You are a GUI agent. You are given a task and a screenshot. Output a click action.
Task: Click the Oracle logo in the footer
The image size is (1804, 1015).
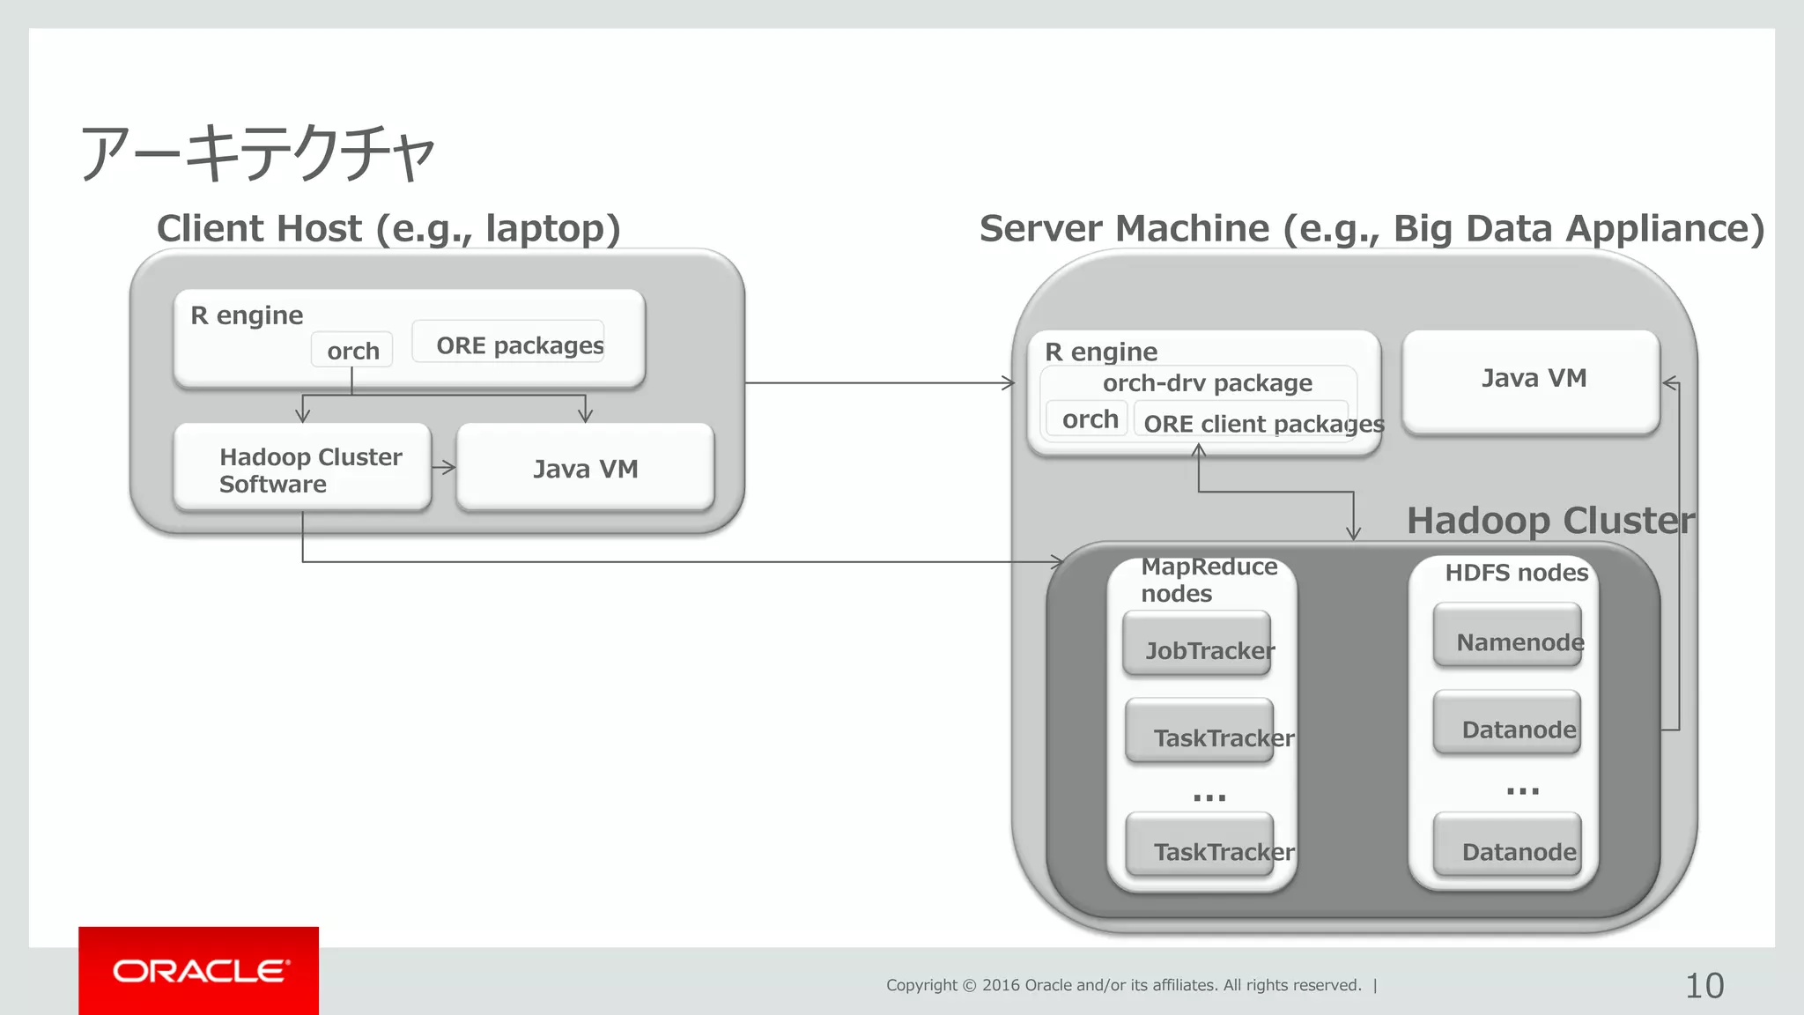tap(199, 971)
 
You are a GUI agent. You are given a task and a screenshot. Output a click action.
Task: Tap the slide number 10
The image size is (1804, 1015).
tap(1704, 986)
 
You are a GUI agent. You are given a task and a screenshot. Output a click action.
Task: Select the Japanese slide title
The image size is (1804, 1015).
tap(257, 152)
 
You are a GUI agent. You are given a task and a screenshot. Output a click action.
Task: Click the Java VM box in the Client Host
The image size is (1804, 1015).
tap(585, 468)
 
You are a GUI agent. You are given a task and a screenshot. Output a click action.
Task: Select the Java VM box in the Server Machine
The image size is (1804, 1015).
tap(1531, 380)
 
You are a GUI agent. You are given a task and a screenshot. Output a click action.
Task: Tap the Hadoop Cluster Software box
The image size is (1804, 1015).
tap(302, 468)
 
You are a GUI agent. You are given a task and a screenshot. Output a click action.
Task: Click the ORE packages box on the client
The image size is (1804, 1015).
tap(509, 343)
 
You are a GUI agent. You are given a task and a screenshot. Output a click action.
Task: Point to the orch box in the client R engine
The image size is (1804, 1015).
tap(351, 350)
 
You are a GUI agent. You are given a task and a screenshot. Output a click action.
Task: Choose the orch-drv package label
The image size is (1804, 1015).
tap(1207, 383)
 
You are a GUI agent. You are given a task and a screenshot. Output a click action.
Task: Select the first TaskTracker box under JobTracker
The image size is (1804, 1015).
tap(1200, 731)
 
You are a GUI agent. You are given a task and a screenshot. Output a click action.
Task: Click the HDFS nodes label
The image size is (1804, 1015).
tap(1516, 573)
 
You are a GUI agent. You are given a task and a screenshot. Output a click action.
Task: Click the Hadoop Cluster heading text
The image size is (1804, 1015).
tap(1549, 521)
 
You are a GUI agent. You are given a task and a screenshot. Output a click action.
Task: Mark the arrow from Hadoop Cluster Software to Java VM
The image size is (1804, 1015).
tap(444, 468)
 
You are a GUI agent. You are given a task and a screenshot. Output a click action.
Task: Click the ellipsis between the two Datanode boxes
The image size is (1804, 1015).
tap(1522, 791)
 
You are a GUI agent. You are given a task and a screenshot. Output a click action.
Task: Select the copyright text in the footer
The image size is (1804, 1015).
tap(1123, 985)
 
